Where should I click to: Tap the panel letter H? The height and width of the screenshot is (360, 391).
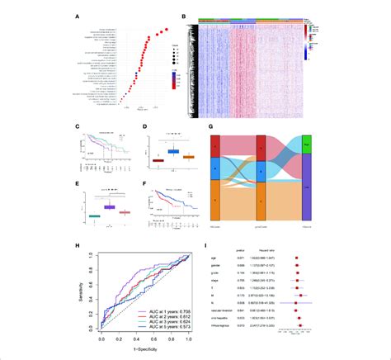(x=76, y=245)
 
